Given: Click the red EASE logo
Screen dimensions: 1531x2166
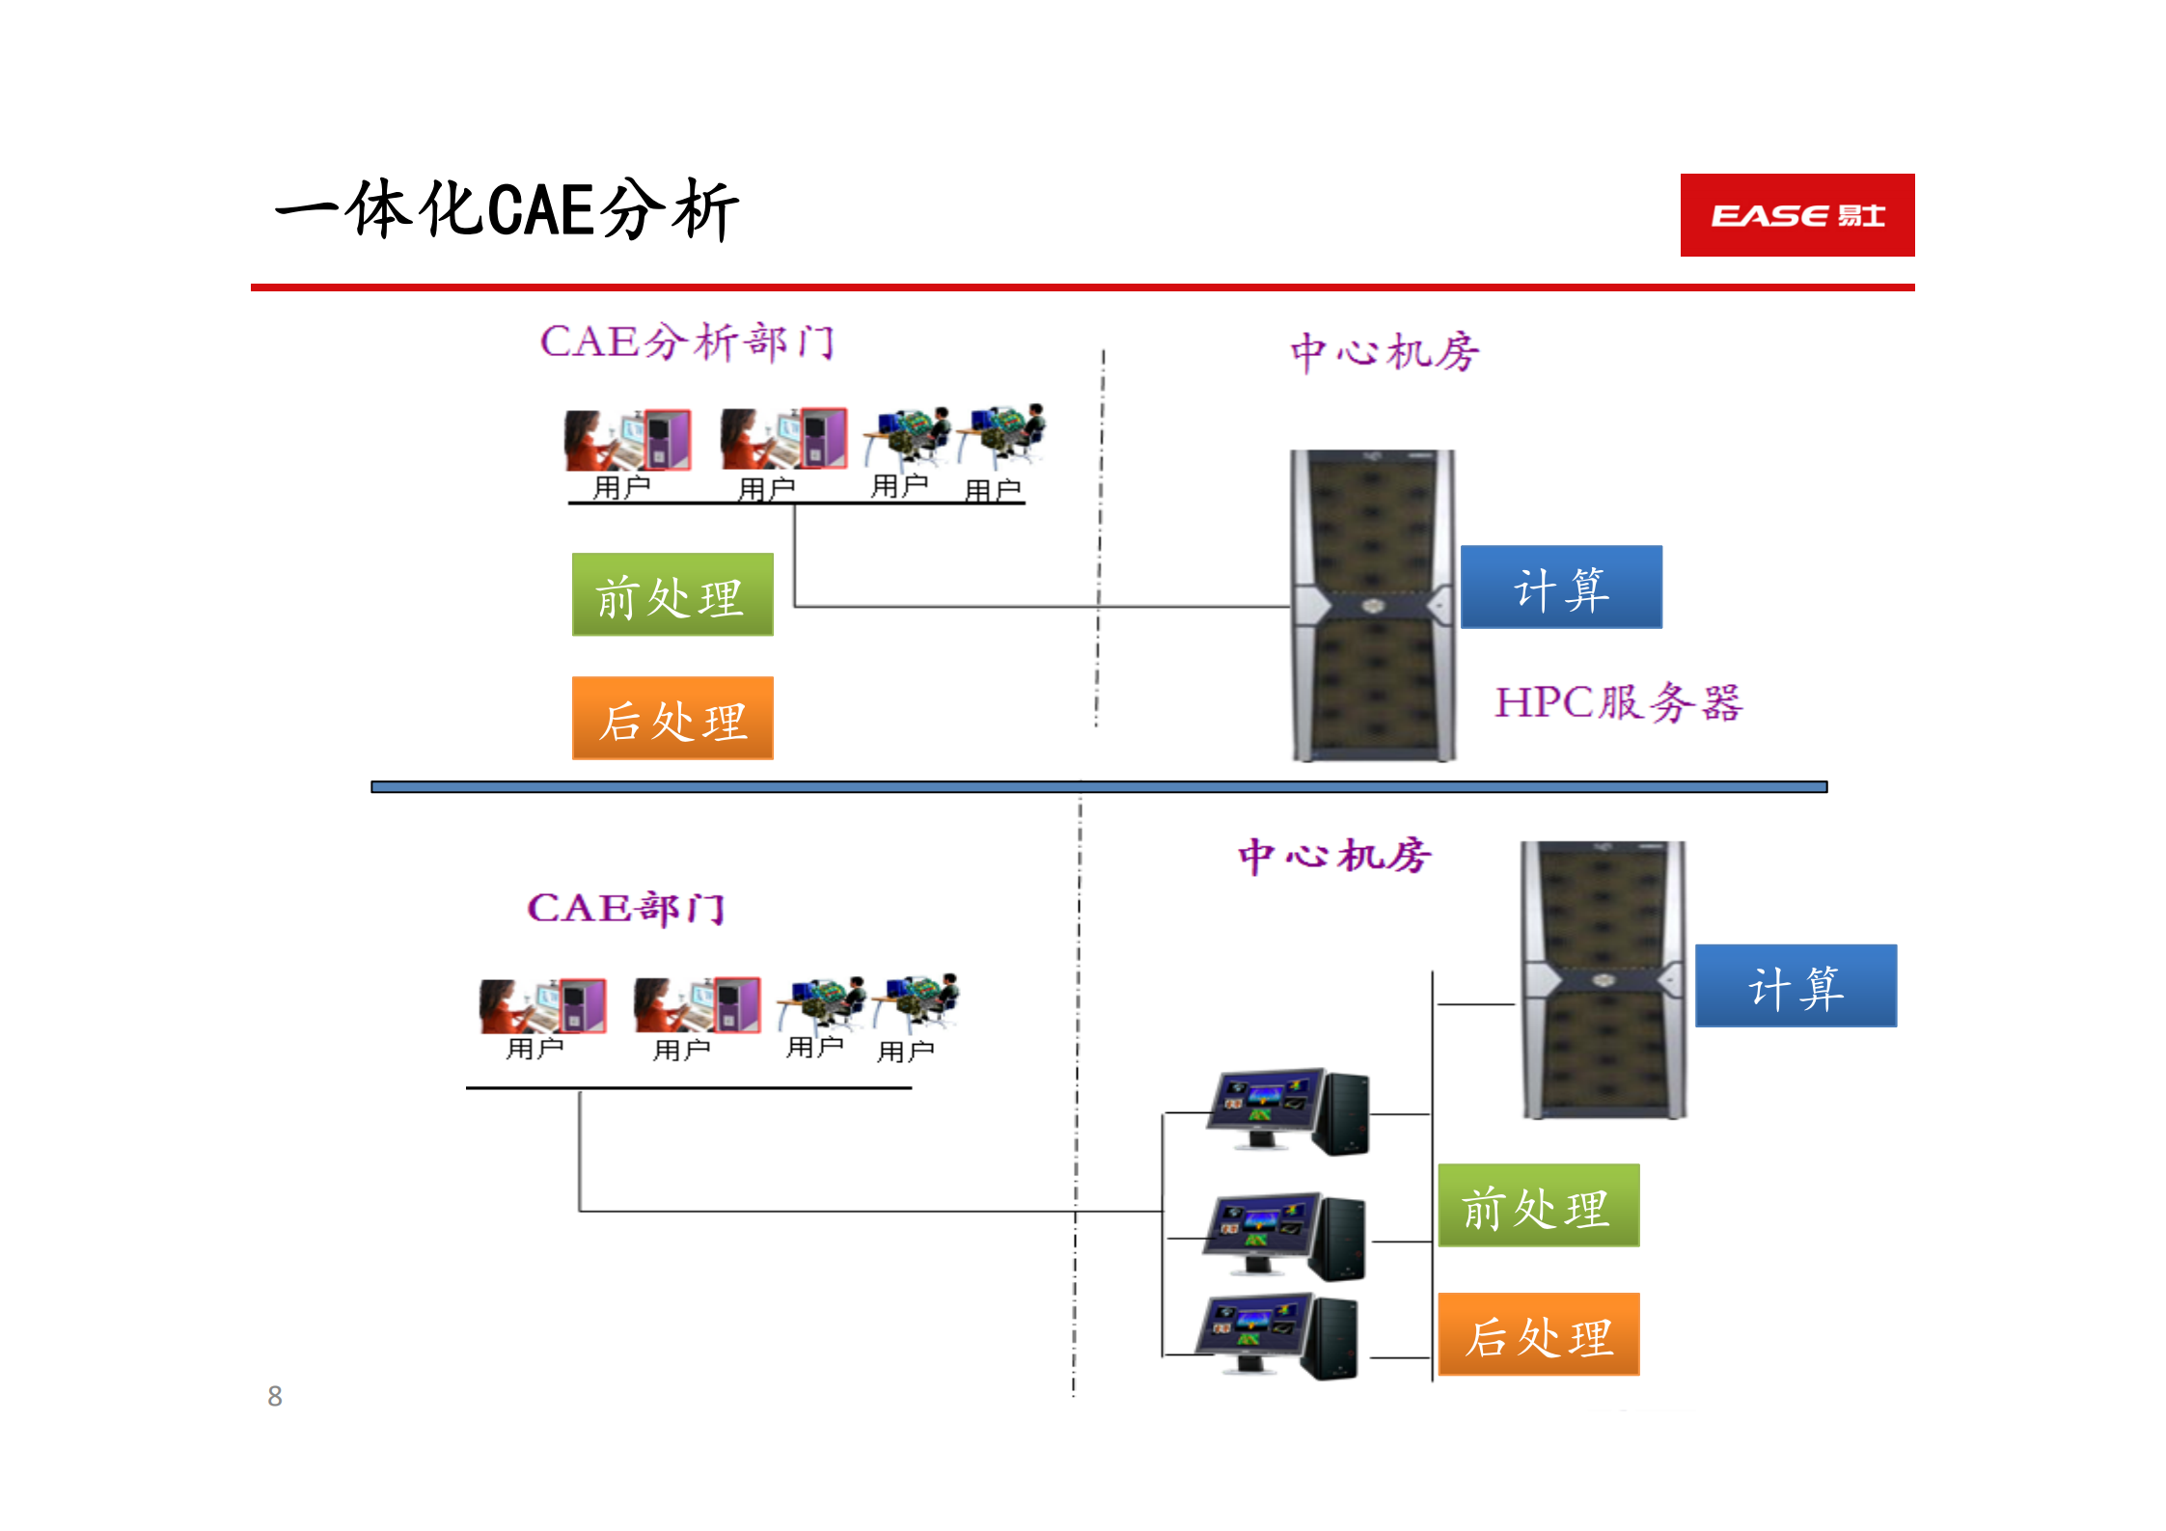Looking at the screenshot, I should [1796, 215].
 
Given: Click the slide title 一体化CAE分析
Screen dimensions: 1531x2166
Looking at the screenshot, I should [507, 209].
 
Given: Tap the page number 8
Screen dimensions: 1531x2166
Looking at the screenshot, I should [275, 1396].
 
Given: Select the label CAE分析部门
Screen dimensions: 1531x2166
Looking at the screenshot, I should [687, 342].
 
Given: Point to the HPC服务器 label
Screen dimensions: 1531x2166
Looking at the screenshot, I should [1618, 702].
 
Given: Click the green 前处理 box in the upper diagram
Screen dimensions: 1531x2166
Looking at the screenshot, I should [672, 595].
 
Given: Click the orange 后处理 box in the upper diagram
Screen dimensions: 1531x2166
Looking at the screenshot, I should [672, 719].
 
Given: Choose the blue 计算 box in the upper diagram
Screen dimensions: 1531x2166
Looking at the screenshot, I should [1561, 588].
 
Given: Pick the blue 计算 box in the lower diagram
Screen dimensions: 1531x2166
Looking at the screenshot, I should [1796, 986].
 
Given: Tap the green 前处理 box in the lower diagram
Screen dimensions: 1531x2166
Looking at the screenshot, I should [1538, 1206].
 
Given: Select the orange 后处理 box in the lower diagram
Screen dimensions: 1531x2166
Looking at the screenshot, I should [1538, 1334].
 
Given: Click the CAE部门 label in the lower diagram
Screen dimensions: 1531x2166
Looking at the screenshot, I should [625, 908].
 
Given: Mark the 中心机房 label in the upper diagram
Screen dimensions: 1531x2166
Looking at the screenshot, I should [1385, 352].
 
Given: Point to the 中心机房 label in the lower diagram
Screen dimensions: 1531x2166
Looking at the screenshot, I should [1334, 856].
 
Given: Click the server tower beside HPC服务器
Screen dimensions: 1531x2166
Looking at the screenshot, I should [1373, 605].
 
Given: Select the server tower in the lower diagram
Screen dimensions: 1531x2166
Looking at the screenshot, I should [1604, 979].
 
